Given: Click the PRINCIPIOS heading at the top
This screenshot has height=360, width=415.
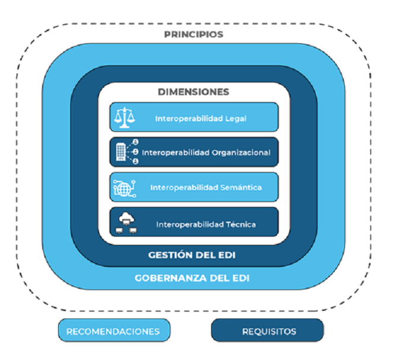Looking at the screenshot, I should click(x=193, y=34).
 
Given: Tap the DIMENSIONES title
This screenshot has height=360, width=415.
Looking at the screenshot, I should click(x=193, y=92).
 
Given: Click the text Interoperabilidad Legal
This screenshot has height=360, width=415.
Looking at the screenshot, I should click(x=200, y=118).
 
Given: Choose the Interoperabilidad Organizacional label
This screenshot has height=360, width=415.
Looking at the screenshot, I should click(x=206, y=152).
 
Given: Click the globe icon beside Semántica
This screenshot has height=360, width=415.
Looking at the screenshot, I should click(x=124, y=187).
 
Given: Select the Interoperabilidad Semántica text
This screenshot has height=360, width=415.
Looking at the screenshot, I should click(x=206, y=187).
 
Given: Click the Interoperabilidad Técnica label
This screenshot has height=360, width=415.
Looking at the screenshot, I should click(x=206, y=224).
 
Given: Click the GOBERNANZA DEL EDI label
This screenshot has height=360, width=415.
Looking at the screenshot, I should click(x=193, y=278).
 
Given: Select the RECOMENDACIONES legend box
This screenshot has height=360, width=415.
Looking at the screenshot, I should click(x=113, y=331).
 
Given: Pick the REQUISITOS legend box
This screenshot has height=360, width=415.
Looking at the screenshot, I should click(x=268, y=331).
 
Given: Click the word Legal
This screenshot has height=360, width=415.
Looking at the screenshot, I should click(x=235, y=118).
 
